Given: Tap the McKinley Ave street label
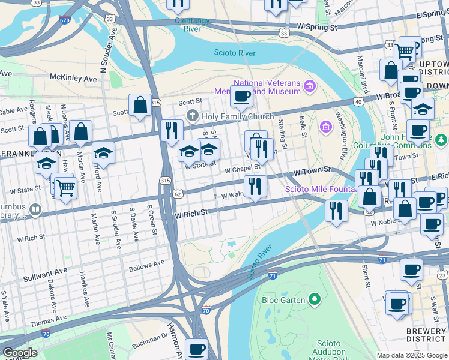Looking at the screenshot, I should (x=73, y=79).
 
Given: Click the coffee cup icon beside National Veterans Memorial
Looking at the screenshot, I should (x=241, y=96).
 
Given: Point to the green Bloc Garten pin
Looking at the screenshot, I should (x=313, y=299).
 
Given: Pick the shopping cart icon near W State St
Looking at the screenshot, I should (x=66, y=189).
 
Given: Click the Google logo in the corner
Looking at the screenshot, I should (x=19, y=353).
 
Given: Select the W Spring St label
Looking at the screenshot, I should (x=312, y=28).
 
